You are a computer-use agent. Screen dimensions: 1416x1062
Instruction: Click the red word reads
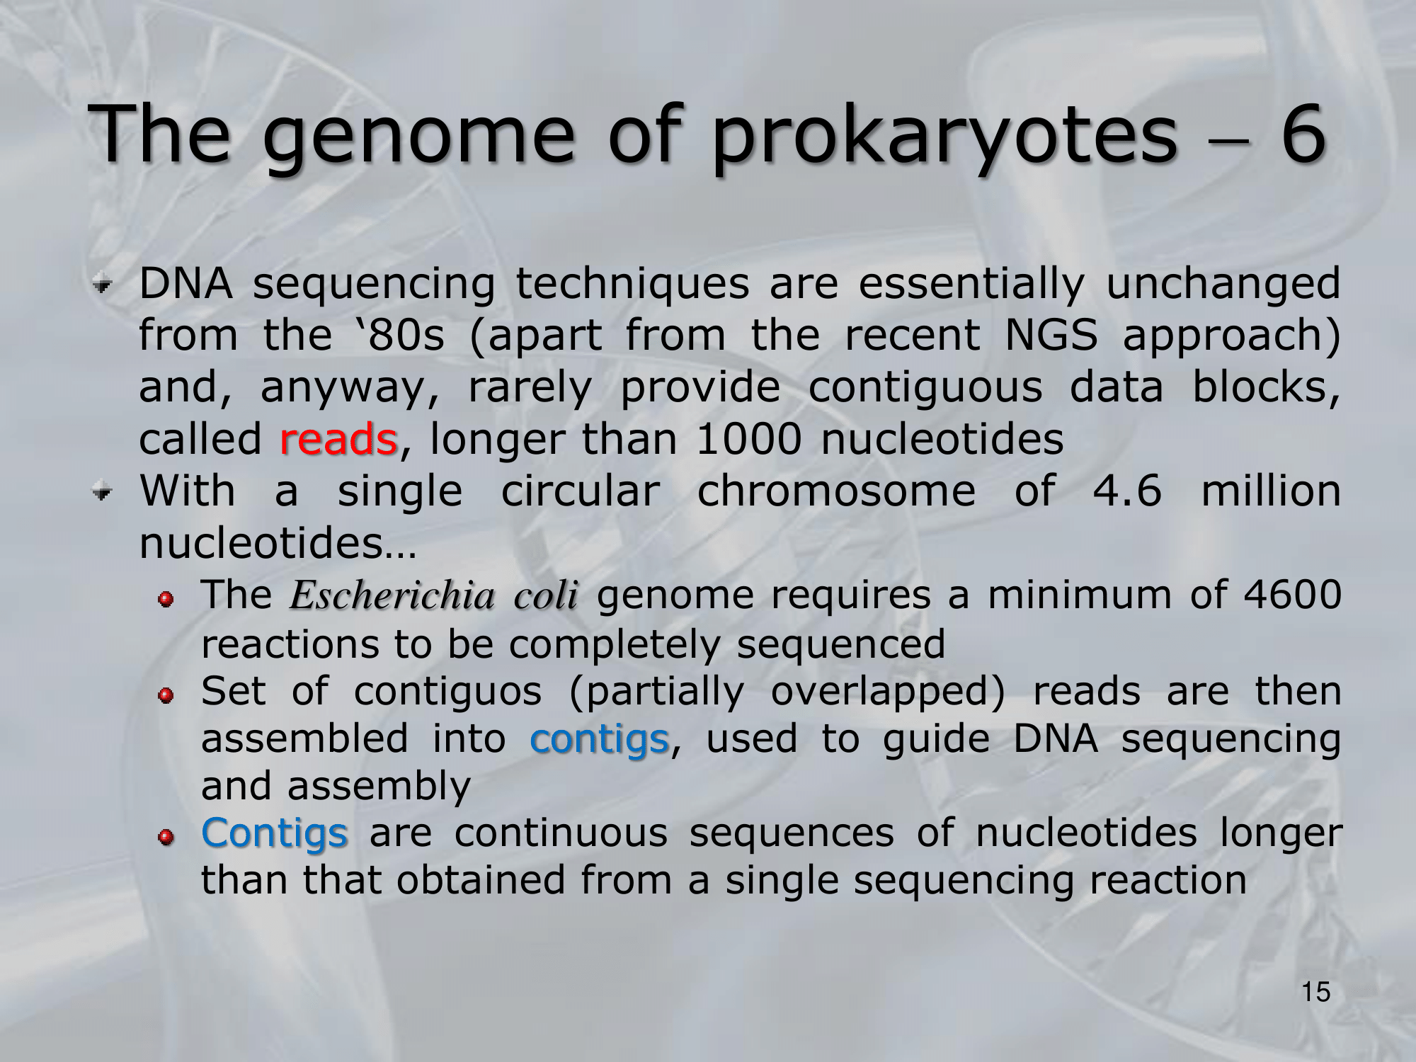338,439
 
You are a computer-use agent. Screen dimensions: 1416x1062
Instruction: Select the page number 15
1316,992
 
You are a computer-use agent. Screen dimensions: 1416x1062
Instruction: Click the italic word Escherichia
392,595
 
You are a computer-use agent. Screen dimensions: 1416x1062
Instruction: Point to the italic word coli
546,595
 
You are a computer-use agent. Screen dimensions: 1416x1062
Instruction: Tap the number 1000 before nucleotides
748,439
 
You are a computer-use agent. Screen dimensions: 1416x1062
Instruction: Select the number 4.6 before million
1127,491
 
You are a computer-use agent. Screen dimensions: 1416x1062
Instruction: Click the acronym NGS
1051,335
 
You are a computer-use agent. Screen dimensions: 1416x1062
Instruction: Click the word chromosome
836,491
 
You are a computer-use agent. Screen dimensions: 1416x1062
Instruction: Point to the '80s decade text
401,335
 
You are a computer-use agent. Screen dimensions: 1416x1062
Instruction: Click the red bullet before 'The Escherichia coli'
166,600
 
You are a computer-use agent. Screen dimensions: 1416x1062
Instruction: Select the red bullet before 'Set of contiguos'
166,697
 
